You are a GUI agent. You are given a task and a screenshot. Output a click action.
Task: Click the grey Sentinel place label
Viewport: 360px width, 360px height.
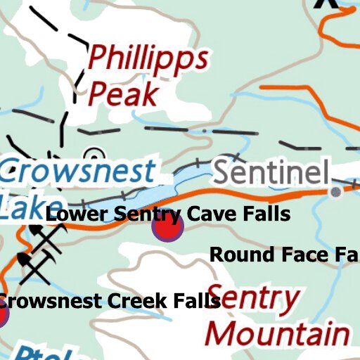(x=271, y=172)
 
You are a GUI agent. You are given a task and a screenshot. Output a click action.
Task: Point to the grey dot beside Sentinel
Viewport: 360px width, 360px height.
(x=337, y=191)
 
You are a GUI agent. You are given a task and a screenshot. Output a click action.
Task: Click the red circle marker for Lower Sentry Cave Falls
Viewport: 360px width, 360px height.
(x=168, y=228)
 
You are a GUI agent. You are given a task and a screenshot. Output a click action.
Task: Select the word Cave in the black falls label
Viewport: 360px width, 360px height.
(x=211, y=214)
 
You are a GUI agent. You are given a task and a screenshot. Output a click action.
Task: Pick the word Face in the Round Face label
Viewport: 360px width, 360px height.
(x=299, y=255)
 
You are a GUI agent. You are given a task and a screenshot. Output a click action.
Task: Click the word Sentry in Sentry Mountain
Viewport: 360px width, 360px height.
(x=253, y=300)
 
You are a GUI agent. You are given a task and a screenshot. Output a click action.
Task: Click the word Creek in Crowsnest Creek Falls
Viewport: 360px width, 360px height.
(x=138, y=302)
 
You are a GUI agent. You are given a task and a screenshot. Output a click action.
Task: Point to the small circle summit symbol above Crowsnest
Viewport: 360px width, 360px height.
(x=93, y=155)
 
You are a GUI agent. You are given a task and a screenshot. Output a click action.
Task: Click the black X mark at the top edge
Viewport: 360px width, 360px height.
(x=326, y=3)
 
